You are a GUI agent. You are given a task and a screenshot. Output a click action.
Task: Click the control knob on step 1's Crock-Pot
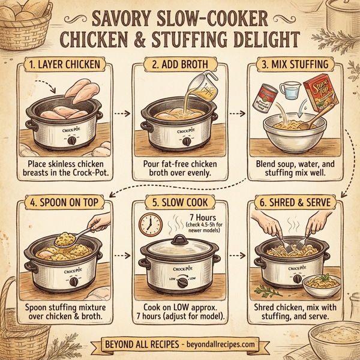[73, 140]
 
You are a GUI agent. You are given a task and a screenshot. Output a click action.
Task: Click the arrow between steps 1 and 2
[121, 112]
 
